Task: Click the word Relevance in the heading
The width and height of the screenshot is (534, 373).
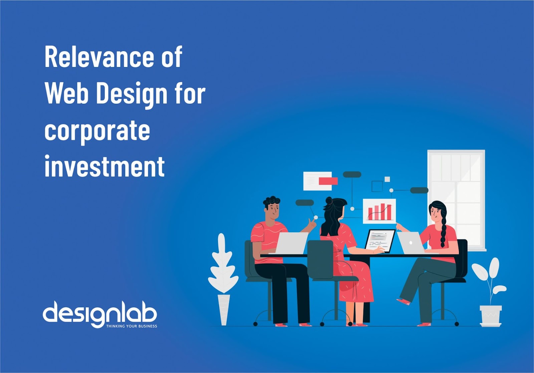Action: [99, 57]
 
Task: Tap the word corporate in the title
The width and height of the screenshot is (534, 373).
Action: [97, 131]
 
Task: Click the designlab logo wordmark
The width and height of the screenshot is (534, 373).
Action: [100, 314]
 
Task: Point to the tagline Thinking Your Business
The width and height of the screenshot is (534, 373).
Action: [131, 326]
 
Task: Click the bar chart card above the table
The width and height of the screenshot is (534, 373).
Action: [379, 211]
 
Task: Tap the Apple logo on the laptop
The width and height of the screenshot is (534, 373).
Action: [411, 243]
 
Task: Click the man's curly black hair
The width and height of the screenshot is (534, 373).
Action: [271, 202]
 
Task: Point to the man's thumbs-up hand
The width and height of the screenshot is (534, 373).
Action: [311, 224]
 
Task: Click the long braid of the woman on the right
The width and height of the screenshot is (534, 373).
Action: [443, 231]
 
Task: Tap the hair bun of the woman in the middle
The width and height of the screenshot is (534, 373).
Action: [329, 201]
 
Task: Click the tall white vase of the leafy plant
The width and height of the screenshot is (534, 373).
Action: [224, 310]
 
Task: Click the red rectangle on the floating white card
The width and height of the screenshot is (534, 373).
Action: [328, 181]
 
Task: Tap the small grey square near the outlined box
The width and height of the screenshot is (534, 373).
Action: [387, 179]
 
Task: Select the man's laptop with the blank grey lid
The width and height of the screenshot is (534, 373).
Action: [291, 243]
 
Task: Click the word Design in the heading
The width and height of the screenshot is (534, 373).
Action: [131, 94]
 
